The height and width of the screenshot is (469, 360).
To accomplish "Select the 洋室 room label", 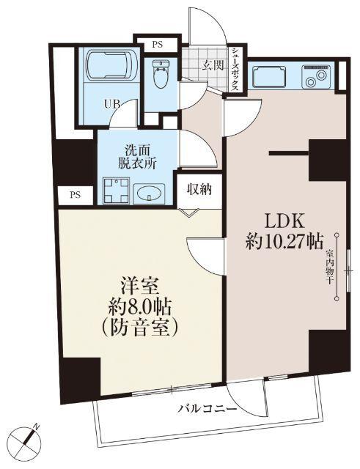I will click(139, 281).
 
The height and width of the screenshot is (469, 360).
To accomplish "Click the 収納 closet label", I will click(198, 189).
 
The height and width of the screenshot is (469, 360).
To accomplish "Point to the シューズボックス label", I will click(235, 69).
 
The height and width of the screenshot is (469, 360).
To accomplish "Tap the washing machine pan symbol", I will click(115, 191).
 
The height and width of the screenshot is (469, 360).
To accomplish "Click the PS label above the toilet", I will click(157, 44).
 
